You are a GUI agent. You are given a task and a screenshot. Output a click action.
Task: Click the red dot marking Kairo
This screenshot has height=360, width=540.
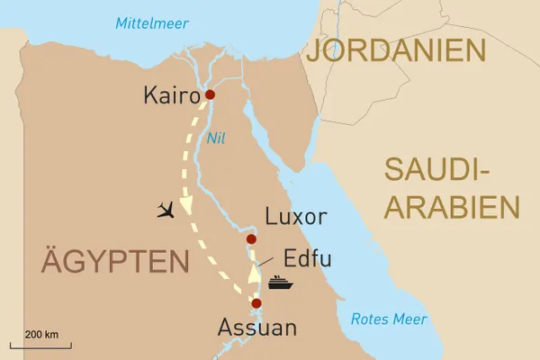210,94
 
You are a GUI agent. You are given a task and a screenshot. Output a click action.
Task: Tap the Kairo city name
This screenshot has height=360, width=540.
172,95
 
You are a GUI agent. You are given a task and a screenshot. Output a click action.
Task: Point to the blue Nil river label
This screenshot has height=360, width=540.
215,139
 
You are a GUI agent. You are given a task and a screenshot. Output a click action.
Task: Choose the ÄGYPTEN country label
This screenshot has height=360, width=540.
115,262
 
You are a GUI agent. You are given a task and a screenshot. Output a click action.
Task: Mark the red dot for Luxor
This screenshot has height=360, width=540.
251,238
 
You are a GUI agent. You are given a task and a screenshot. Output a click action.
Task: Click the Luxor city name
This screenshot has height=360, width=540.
296,217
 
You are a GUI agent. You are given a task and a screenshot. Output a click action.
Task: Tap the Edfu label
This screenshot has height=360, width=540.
307,259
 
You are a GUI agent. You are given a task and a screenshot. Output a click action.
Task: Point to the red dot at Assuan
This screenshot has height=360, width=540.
256,303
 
